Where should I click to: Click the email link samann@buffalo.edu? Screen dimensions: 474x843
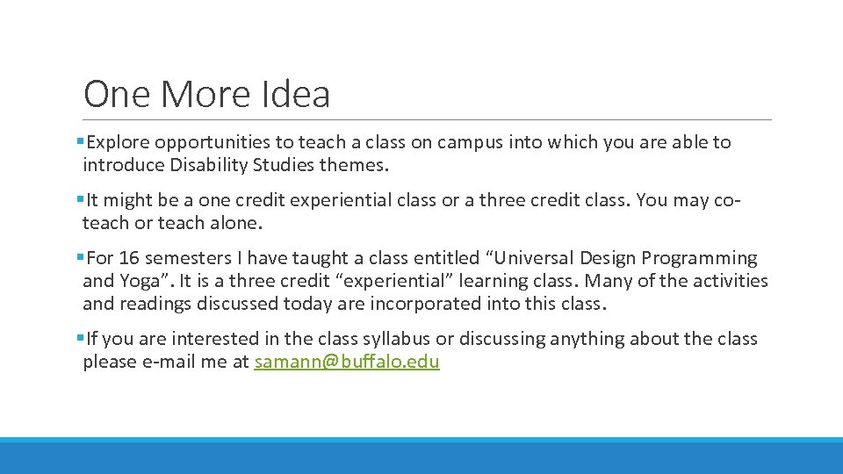(347, 362)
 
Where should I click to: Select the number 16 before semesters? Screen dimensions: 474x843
(127, 258)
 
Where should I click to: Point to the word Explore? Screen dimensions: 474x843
(119, 142)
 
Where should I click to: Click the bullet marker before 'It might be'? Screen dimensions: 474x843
(80, 200)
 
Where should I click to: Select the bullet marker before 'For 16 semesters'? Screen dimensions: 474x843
(80, 258)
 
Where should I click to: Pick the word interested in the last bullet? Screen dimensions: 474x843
(213, 339)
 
